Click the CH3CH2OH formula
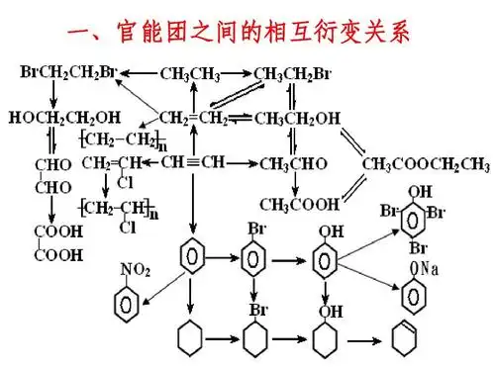[x=297, y=118]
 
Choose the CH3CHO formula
[x=293, y=162]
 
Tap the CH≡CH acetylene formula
[x=193, y=162]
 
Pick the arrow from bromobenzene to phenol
[x=289, y=264]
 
